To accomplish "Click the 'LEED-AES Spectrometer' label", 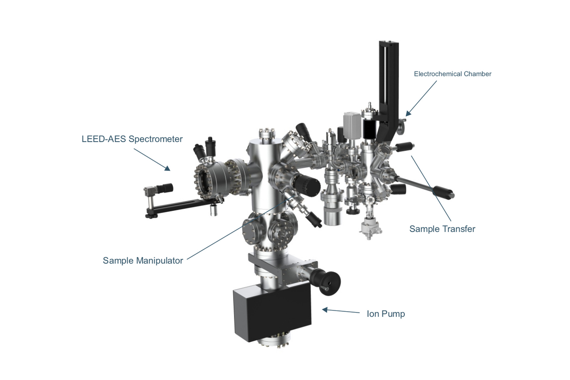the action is point(132,139).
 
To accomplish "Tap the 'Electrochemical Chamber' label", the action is point(452,74).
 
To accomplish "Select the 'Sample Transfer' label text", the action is point(442,229).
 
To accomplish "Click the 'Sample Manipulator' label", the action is point(143,261).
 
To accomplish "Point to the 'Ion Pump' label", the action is point(386,314).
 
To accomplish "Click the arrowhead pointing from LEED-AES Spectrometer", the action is point(168,168).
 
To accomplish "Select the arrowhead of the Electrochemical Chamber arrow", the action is point(408,113).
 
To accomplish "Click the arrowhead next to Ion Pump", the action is point(325,310).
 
